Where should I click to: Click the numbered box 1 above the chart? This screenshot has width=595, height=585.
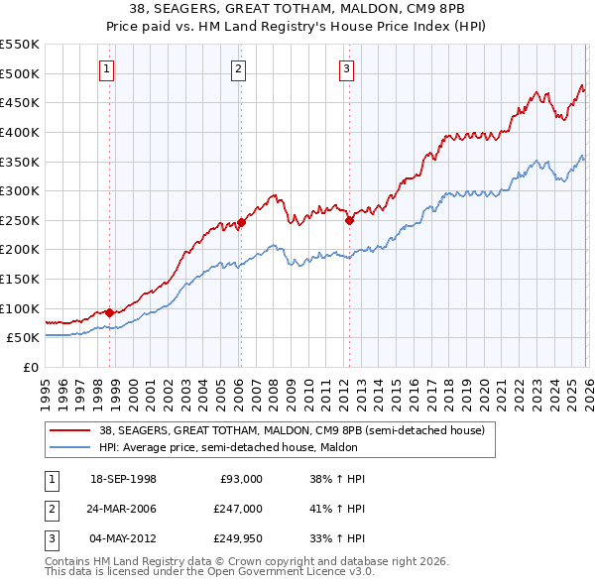pyautogui.click(x=106, y=68)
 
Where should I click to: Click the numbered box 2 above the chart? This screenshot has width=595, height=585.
pyautogui.click(x=239, y=68)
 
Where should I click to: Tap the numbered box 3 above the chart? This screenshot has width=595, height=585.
pyautogui.click(x=347, y=68)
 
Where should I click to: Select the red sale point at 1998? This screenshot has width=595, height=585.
pyautogui.click(x=109, y=312)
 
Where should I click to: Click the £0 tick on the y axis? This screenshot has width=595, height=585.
pyautogui.click(x=29, y=367)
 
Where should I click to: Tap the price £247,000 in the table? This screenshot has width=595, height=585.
pyautogui.click(x=238, y=509)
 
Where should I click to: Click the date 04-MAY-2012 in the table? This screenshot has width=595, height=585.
pyautogui.click(x=122, y=538)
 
